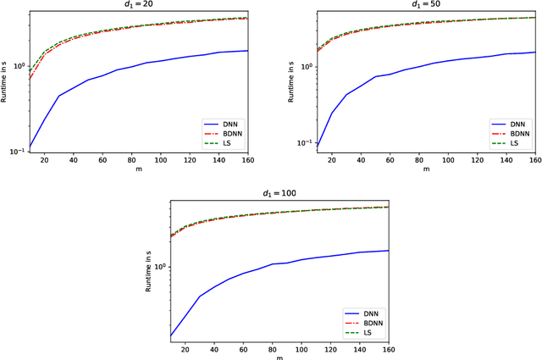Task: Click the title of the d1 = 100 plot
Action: point(279,195)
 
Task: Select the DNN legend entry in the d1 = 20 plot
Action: point(221,122)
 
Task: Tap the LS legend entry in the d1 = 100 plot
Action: point(361,334)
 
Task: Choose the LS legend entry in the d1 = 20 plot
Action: point(221,144)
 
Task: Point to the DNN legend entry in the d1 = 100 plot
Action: point(361,312)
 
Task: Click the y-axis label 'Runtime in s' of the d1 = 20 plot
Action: point(6,82)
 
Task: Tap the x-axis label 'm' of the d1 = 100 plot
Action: point(279,357)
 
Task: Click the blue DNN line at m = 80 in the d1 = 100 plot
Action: point(273,264)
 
